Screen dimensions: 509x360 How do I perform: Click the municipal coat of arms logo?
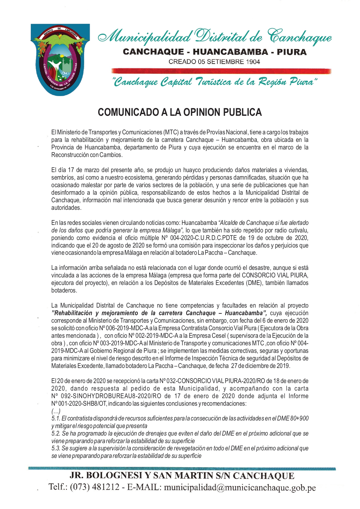[60, 60]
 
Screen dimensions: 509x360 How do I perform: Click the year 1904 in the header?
[253, 62]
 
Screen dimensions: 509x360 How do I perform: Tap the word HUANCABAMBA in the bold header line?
[230, 52]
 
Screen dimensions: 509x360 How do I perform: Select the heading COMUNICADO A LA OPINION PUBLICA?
[180, 112]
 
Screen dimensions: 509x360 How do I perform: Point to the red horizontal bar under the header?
[221, 71]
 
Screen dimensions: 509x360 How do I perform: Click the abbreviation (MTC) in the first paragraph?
[171, 133]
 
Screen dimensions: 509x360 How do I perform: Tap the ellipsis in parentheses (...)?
[56, 411]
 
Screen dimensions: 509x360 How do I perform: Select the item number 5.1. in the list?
[56, 418]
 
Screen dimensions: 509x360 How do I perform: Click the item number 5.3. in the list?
[56, 448]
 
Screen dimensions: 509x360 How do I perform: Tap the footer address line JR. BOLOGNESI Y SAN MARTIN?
[182, 476]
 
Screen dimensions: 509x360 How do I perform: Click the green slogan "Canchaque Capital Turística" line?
[215, 82]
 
